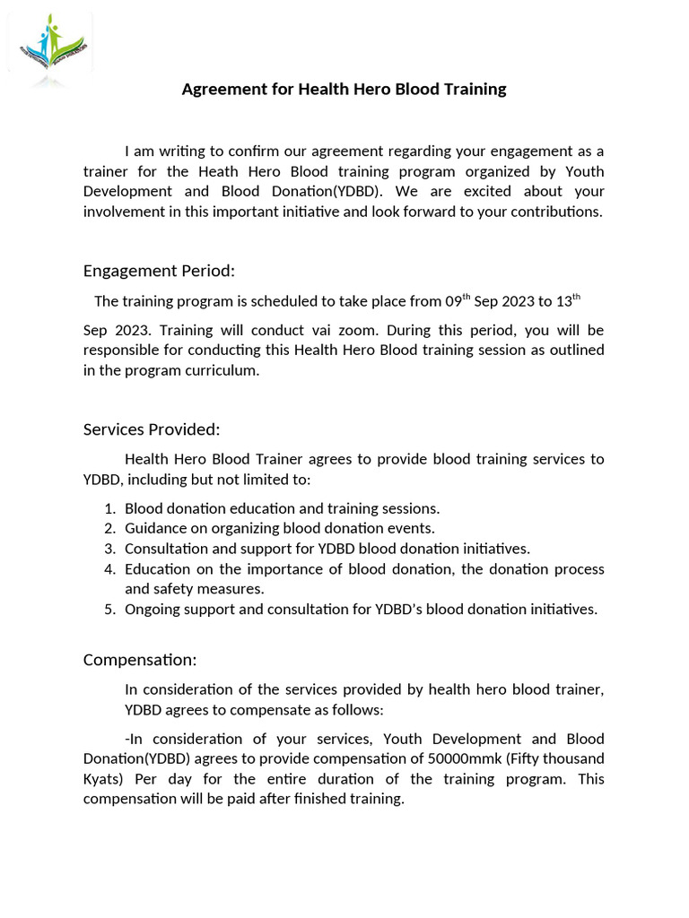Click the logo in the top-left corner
[49, 48]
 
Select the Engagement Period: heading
[159, 271]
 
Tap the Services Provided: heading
[152, 429]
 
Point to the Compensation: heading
[140, 660]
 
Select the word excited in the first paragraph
[489, 191]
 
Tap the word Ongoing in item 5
[153, 610]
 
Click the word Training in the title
[473, 89]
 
